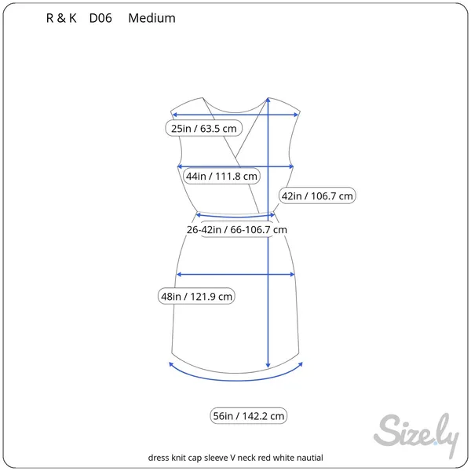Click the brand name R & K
(x=61, y=18)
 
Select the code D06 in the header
(x=100, y=18)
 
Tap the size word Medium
(x=152, y=18)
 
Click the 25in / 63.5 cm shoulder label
(x=203, y=128)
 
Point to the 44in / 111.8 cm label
(x=221, y=176)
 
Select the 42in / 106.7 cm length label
(x=317, y=195)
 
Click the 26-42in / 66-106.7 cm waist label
(x=237, y=230)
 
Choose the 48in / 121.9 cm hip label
(x=196, y=297)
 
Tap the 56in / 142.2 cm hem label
(x=248, y=416)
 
